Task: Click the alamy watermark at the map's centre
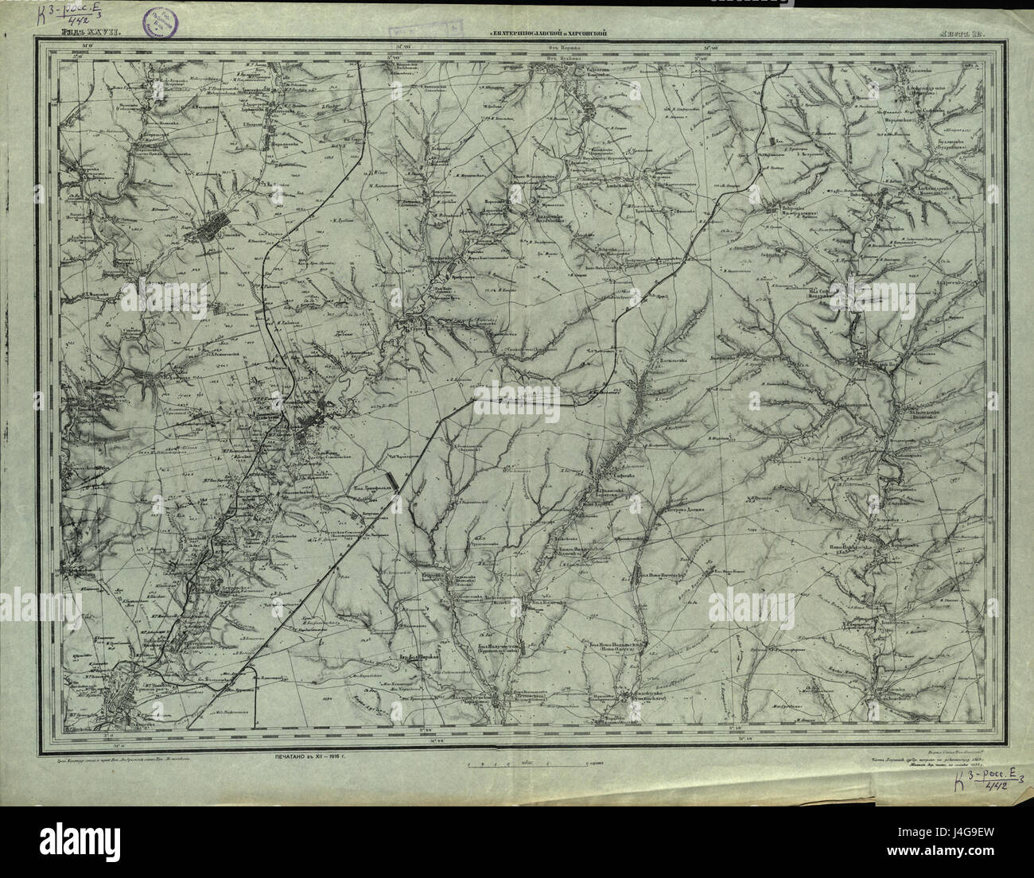click(518, 395)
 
